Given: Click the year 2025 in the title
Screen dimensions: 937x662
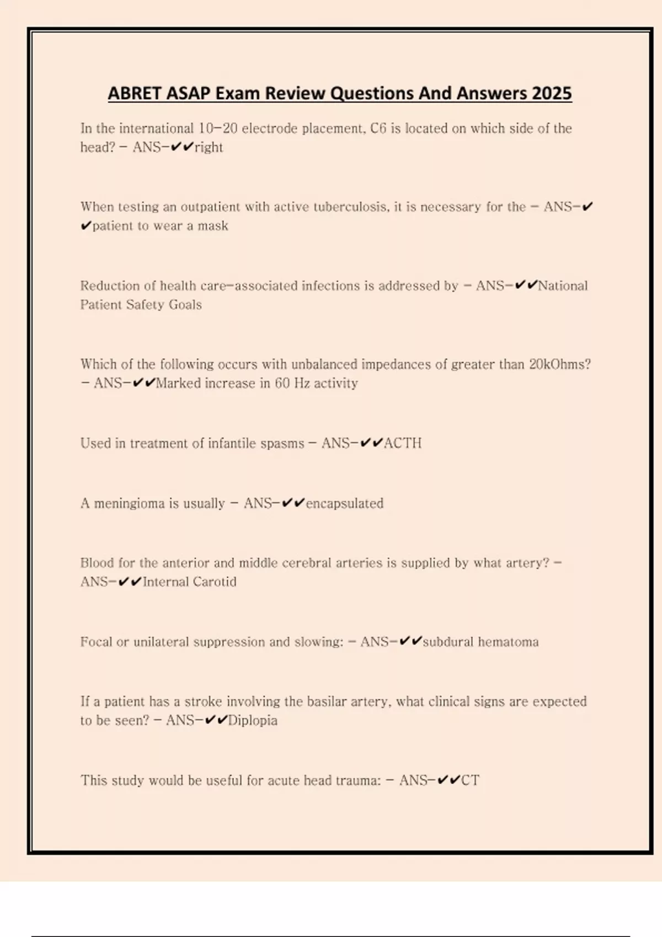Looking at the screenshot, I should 552,93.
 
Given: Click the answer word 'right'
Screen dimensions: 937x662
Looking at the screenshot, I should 209,147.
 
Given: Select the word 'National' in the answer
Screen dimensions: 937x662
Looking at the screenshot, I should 563,286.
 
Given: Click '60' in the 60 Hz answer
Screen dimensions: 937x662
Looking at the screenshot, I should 282,383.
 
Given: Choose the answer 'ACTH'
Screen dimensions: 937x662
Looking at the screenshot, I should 403,443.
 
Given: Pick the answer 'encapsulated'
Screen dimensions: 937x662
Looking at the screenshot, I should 345,503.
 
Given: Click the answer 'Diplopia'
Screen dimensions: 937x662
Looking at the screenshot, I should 253,720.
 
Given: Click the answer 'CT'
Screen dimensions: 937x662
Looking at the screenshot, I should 470,780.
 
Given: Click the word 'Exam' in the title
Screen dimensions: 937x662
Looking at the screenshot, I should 237,93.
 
